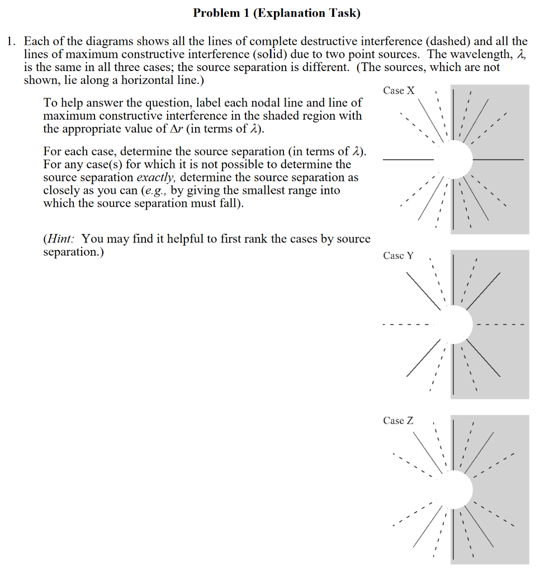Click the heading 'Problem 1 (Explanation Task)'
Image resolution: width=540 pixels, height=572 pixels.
tap(277, 13)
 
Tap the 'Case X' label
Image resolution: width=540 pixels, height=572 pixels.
tap(399, 90)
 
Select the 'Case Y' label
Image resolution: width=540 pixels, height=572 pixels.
tap(399, 256)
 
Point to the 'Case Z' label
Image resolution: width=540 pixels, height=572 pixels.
tap(399, 421)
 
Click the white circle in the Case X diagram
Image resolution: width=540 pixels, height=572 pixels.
tap(454, 159)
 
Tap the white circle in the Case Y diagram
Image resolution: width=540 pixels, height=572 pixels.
tap(454, 325)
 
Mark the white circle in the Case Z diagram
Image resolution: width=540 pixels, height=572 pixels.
tap(454, 490)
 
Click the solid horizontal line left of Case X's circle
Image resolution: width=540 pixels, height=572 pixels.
tap(408, 160)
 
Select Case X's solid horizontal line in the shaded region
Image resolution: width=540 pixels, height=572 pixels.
tap(499, 160)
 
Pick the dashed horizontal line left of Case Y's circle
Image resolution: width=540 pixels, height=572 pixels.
tap(407, 325)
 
